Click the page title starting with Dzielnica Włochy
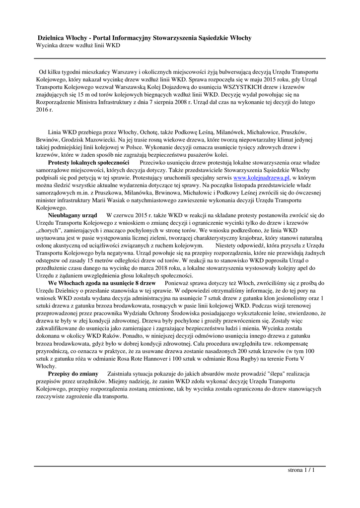tap(145, 38)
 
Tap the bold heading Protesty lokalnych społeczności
tap(88, 162)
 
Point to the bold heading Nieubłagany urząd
tap(72, 215)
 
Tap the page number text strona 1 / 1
tap(301, 470)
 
